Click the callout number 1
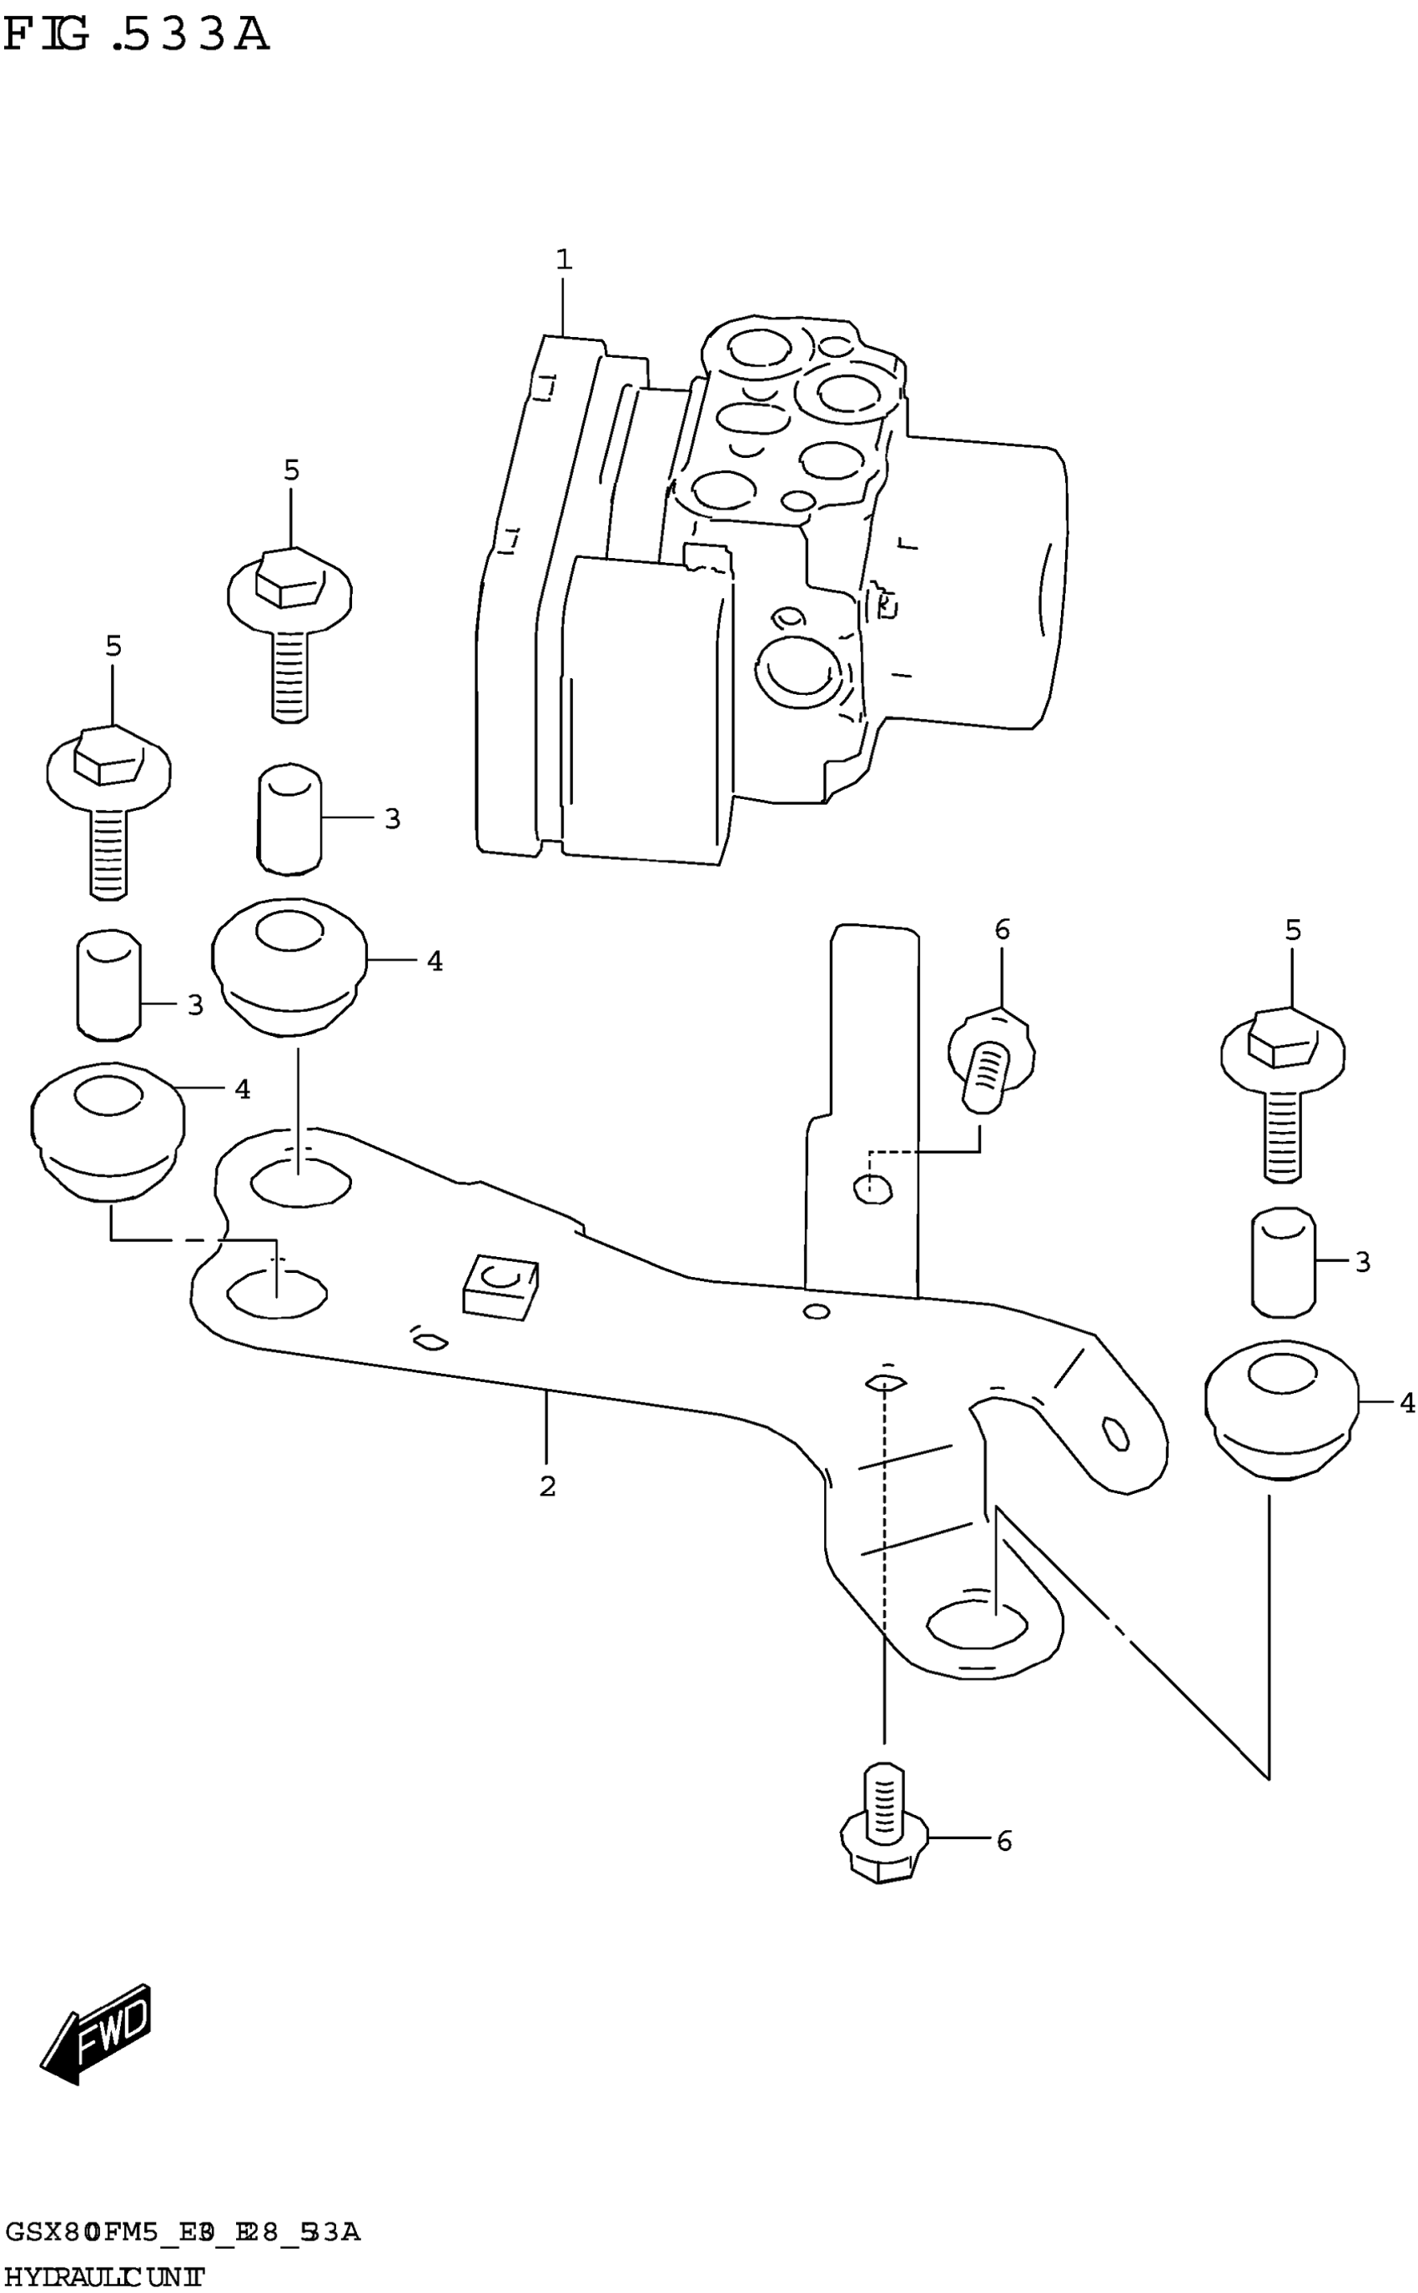tap(564, 259)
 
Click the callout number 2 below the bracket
tap(548, 1486)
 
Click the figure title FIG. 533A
tap(137, 36)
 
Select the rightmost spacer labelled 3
tap(1283, 1261)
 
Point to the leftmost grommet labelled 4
tap(108, 1129)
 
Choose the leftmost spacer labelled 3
tap(108, 985)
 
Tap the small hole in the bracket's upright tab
tap(872, 1189)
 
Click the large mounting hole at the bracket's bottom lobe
tap(975, 1624)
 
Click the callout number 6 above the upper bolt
tap(1003, 929)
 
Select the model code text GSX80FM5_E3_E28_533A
tap(182, 2231)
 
